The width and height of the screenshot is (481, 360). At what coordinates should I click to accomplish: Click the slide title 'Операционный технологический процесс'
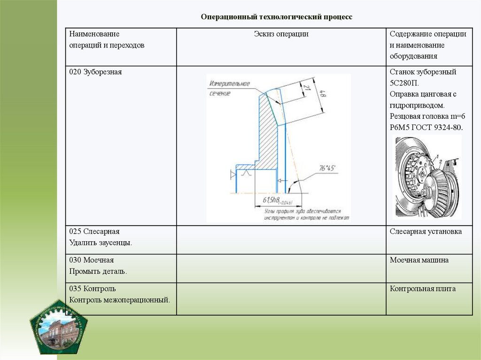(x=276, y=17)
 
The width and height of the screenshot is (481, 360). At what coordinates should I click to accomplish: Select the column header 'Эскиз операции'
(x=281, y=34)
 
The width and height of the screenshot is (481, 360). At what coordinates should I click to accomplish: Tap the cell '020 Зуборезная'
(x=95, y=72)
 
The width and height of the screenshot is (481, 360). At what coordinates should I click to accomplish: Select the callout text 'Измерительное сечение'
(x=229, y=89)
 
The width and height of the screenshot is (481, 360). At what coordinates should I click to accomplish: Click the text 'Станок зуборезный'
(x=423, y=72)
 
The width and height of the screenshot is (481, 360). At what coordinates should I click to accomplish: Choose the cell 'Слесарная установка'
(x=426, y=231)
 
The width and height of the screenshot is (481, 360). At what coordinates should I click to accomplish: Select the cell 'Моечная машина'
(x=419, y=260)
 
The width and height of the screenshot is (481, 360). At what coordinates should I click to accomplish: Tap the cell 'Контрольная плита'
(x=422, y=289)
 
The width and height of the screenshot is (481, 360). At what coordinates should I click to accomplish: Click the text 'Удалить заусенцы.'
(x=101, y=243)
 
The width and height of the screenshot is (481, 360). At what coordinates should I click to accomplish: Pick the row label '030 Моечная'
(x=92, y=260)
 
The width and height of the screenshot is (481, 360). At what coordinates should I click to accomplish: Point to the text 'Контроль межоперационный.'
(x=120, y=299)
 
